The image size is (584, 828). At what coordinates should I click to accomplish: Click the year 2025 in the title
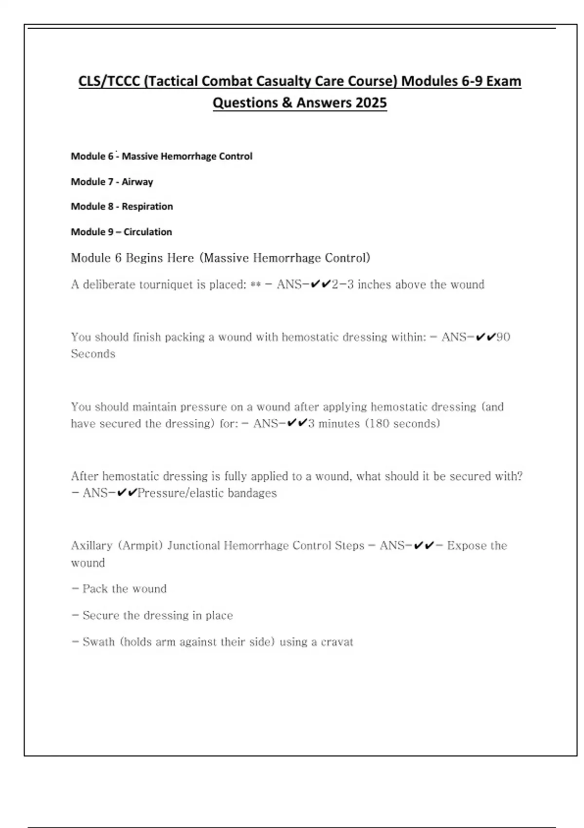[371, 103]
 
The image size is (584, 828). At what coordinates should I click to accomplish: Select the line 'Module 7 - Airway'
[112, 182]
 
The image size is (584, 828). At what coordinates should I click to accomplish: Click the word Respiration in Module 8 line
[147, 207]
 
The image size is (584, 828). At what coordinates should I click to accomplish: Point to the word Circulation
[147, 232]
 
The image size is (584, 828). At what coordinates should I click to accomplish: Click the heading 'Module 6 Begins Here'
[132, 258]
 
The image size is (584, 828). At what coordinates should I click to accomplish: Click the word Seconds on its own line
[93, 354]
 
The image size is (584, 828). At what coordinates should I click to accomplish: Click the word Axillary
[91, 546]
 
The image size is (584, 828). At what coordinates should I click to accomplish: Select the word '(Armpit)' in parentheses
[140, 546]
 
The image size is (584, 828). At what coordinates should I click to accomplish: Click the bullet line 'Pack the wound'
[119, 589]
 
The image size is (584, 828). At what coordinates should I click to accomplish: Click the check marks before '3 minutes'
[297, 423]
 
